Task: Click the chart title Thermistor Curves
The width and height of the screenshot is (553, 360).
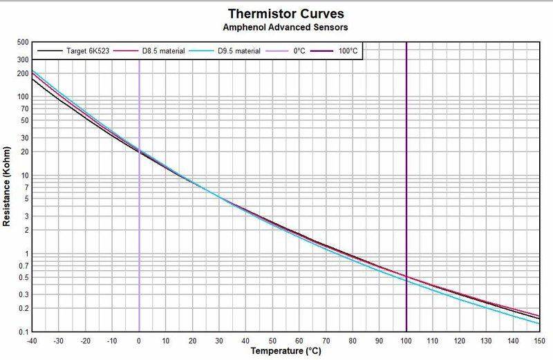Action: [x=285, y=14]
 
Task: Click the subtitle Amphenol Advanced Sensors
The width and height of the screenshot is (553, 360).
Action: [x=285, y=27]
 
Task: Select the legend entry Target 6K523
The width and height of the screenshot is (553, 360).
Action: [x=73, y=51]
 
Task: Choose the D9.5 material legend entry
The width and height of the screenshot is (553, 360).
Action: [x=225, y=51]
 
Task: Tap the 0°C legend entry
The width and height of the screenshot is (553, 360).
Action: [x=285, y=51]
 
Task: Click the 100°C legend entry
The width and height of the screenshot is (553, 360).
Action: [x=334, y=51]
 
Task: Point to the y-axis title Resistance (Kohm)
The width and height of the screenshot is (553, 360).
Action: [x=6, y=186]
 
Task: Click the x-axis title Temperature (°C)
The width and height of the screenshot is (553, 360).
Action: [x=286, y=351]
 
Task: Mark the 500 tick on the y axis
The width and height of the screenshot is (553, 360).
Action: [x=23, y=42]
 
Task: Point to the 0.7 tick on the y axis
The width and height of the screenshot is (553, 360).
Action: [x=23, y=265]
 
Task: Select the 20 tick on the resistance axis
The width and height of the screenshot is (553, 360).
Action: [x=25, y=151]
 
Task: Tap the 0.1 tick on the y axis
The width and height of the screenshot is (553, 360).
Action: [x=23, y=332]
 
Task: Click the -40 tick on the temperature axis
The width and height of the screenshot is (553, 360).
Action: [x=32, y=341]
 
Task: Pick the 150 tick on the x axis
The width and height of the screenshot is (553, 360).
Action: [x=539, y=341]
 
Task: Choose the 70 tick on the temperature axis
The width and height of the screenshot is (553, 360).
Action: [x=326, y=341]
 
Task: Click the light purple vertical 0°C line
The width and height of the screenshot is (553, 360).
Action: [x=139, y=196]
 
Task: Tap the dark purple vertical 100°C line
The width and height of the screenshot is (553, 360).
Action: [x=406, y=187]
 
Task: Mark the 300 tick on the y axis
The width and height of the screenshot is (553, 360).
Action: [x=23, y=59]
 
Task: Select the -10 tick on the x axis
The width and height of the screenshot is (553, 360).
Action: [x=112, y=341]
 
